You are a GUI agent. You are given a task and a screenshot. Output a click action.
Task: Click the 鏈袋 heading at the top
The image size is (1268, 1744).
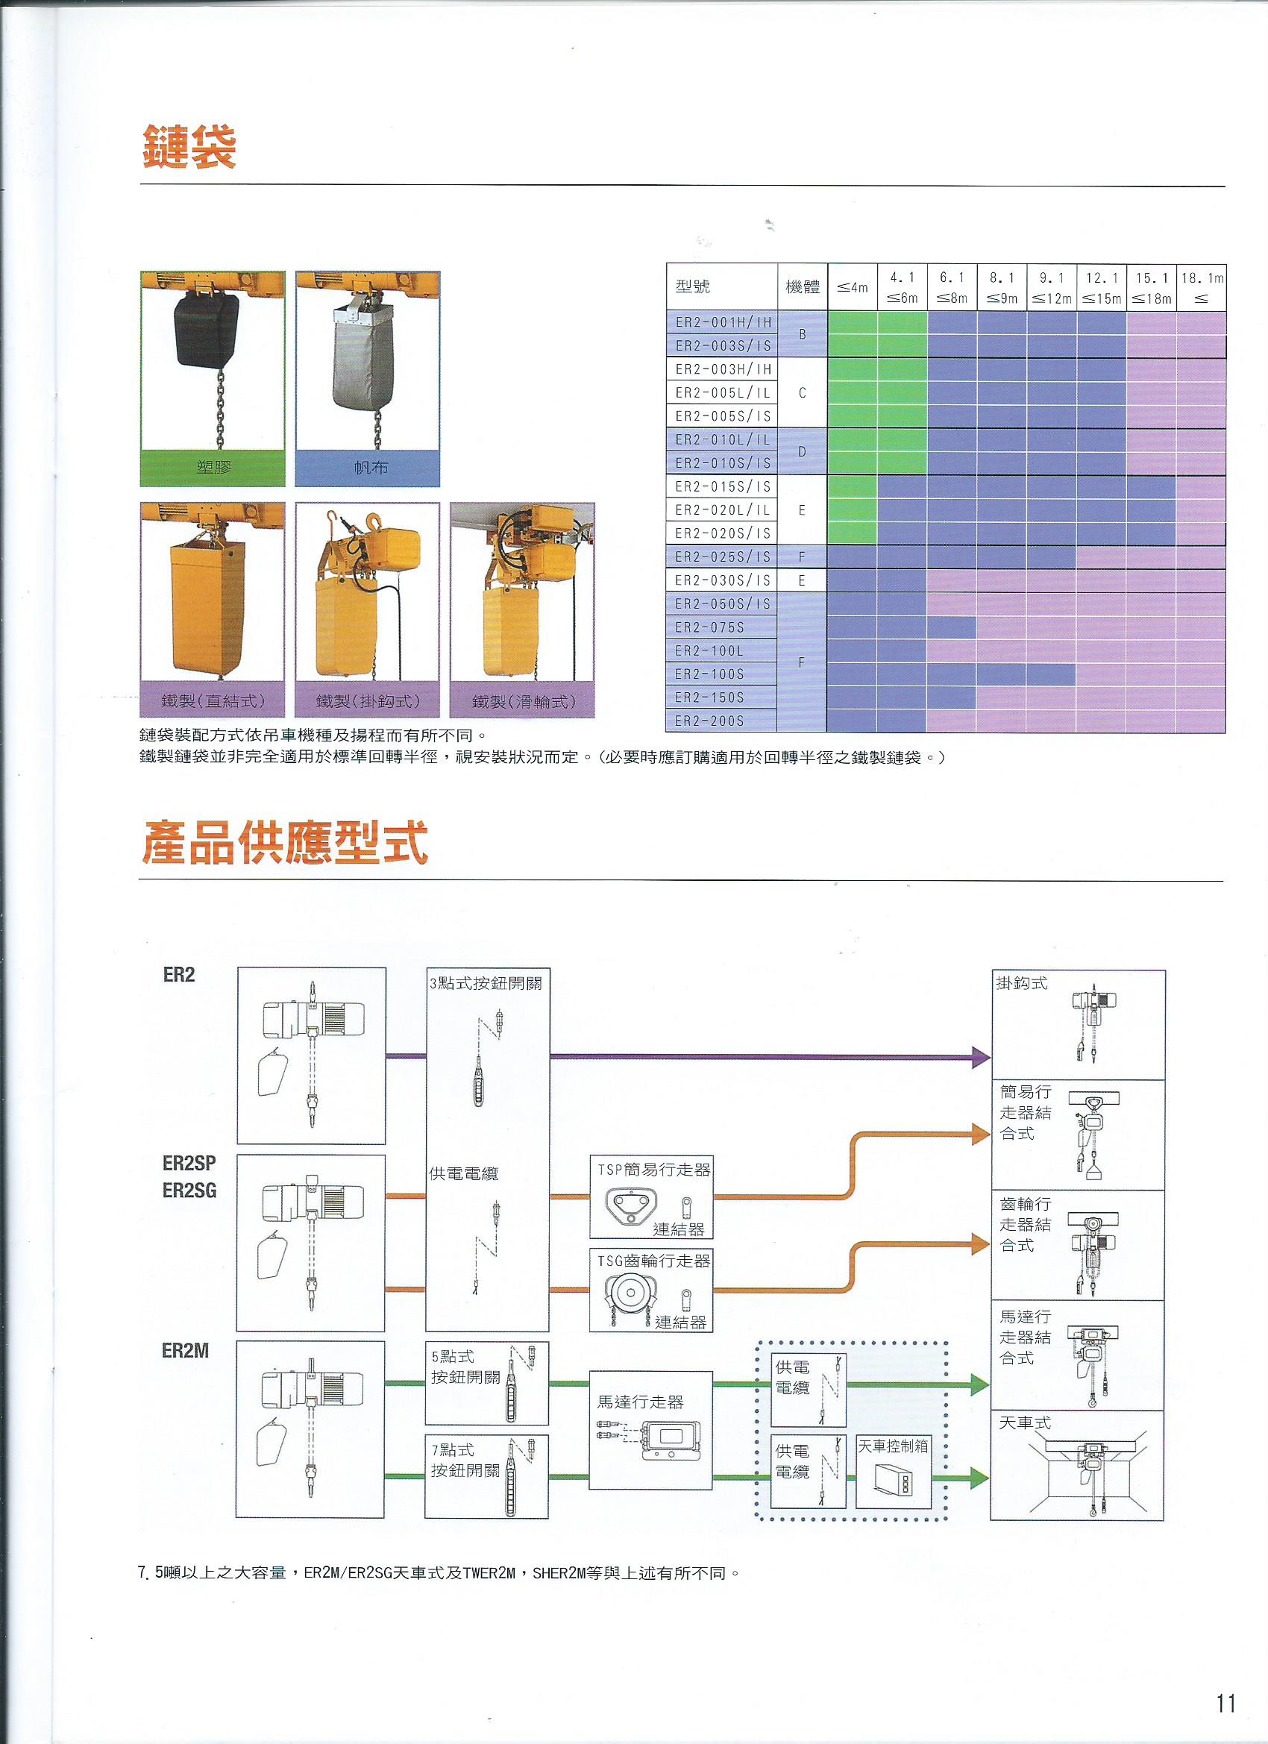pos(189,146)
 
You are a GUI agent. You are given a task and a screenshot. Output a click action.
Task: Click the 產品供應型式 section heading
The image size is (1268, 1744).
pos(283,843)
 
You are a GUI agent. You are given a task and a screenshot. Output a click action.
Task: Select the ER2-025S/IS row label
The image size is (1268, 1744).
pos(722,556)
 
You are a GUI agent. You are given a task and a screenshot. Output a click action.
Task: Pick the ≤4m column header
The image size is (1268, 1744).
pos(852,288)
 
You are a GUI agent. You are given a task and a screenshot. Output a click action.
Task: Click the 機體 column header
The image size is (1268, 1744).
pos(801,288)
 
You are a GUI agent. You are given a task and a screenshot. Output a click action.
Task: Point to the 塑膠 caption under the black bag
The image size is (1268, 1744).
pos(213,468)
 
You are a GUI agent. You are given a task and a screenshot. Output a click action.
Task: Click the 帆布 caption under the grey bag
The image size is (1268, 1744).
pos(370,468)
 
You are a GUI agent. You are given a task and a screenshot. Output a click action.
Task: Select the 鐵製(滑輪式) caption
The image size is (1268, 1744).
pos(523,701)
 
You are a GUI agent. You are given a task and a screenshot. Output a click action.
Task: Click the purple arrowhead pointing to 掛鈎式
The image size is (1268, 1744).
pos(980,1056)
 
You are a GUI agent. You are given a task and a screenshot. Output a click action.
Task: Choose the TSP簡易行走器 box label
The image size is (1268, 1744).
pos(653,1170)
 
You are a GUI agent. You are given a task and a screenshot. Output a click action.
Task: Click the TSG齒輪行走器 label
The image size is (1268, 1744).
pos(653,1261)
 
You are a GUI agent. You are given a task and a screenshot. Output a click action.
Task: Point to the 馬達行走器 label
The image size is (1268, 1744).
pos(640,1402)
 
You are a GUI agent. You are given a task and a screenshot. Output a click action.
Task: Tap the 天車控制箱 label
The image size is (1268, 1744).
pos(892,1446)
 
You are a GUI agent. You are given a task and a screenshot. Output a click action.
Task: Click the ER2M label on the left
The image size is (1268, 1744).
pos(184,1351)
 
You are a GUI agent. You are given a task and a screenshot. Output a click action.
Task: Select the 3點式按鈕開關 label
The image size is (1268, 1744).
pos(486,982)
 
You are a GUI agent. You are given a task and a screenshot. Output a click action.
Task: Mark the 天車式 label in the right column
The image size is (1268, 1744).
pos(1024,1423)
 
